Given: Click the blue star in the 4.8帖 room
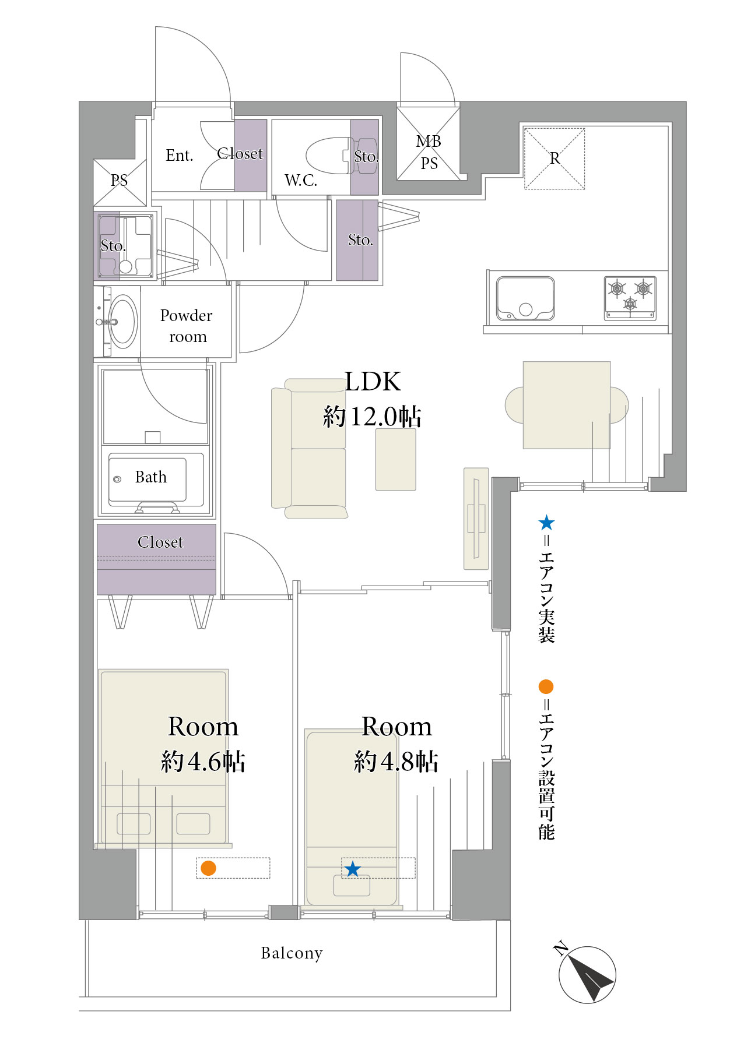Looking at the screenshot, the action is [x=352, y=869].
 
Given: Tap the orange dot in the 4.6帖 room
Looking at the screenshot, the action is [x=208, y=868].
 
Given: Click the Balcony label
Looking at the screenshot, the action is [x=292, y=953].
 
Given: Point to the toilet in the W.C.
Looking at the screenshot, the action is [x=342, y=156].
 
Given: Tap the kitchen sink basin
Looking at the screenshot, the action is [x=525, y=298].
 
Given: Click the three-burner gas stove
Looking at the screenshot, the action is [x=630, y=298].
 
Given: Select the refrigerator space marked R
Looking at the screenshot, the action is [x=555, y=158].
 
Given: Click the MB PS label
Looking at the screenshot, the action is [x=429, y=152].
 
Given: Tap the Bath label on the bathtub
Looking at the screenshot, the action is [x=151, y=477].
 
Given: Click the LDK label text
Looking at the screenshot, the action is [x=373, y=382].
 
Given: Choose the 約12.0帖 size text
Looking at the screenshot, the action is [x=373, y=416].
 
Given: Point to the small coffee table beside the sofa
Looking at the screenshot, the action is [x=396, y=460].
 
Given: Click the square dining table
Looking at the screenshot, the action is [x=567, y=405].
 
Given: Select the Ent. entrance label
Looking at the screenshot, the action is [x=179, y=156].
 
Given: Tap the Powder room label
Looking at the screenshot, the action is [x=187, y=326].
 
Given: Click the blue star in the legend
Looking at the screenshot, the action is [x=546, y=522].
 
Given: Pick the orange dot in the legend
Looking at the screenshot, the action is [x=546, y=686].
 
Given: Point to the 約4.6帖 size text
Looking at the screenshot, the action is [x=203, y=761].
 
